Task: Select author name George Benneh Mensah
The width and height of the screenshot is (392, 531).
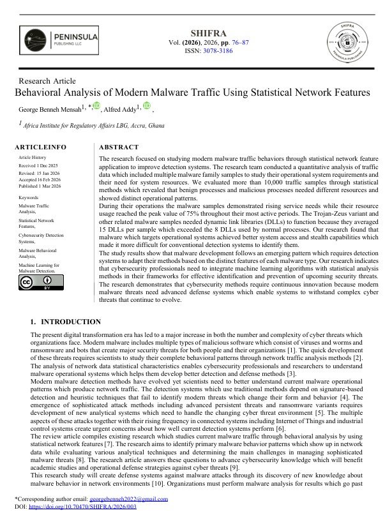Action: (50, 109)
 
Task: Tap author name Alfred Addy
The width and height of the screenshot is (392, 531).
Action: (123, 109)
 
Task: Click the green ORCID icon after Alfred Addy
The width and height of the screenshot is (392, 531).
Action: (146, 107)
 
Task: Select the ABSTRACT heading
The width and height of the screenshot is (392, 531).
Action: (119, 147)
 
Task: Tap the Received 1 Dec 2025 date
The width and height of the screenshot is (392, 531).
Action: (39, 165)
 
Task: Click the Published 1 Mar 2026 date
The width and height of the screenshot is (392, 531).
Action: (40, 186)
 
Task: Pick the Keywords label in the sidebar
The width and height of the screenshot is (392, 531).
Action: (29, 198)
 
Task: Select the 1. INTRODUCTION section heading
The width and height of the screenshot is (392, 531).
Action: (66, 322)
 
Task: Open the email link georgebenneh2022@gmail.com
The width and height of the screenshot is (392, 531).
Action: (129, 499)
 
